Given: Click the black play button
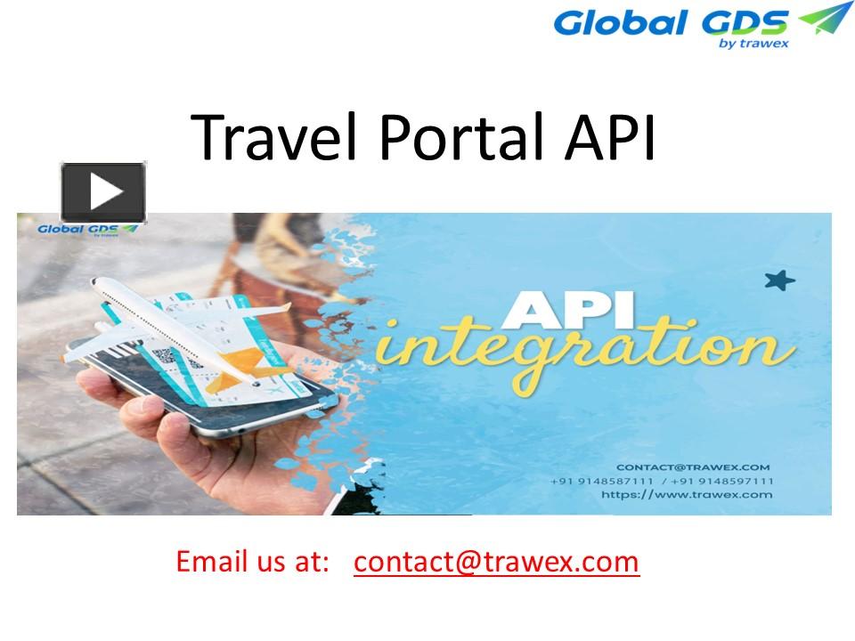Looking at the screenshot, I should [102, 191].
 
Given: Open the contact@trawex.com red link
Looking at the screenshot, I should [496, 563].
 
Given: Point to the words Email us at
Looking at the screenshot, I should [253, 563].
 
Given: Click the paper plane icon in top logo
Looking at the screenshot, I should [825, 20].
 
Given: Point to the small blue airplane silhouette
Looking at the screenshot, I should [779, 281].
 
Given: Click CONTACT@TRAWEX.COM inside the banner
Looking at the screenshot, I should [693, 467].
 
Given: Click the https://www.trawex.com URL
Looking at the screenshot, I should [687, 495].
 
